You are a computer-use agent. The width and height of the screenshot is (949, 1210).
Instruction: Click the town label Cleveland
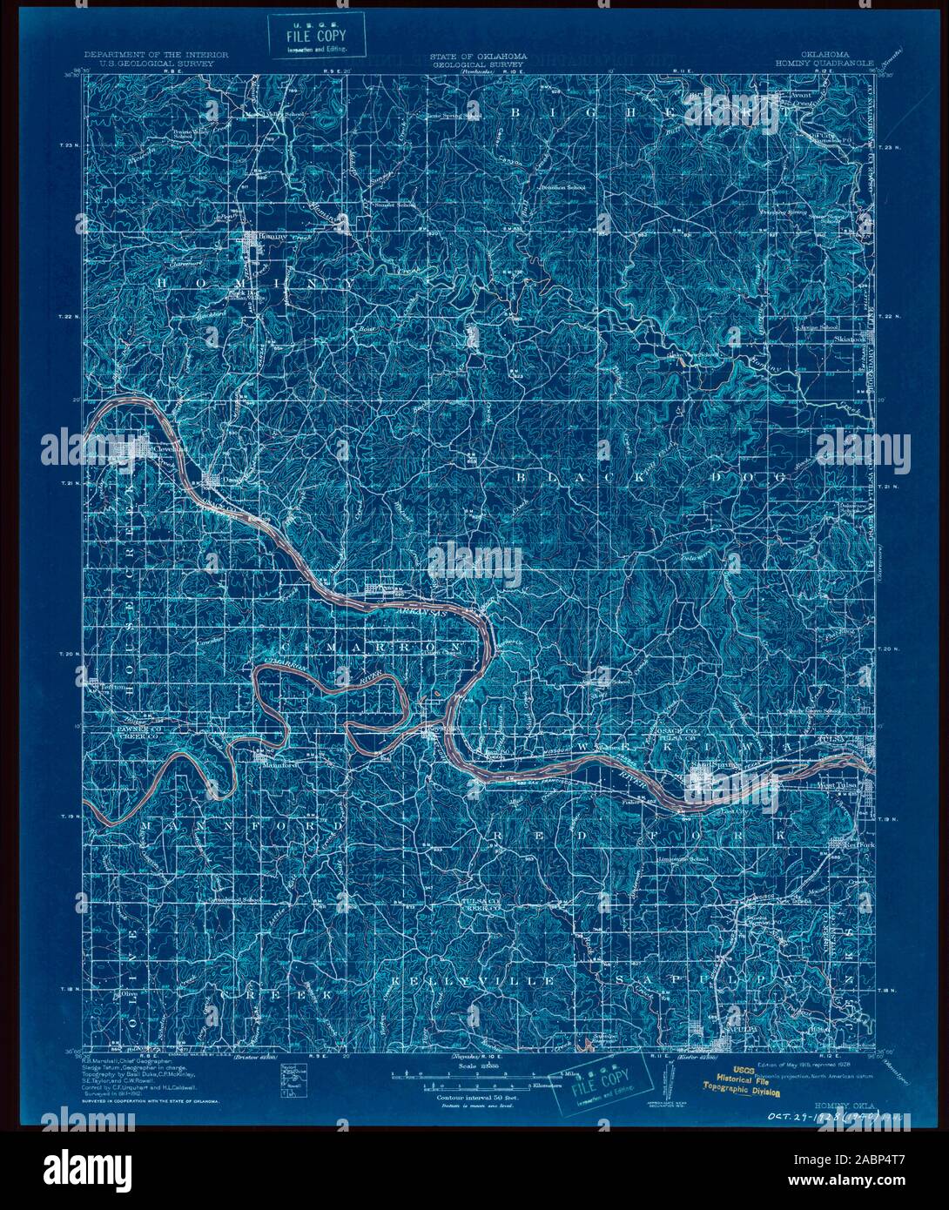click(165, 449)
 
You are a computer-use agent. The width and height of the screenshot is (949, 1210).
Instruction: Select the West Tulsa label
click(836, 785)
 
